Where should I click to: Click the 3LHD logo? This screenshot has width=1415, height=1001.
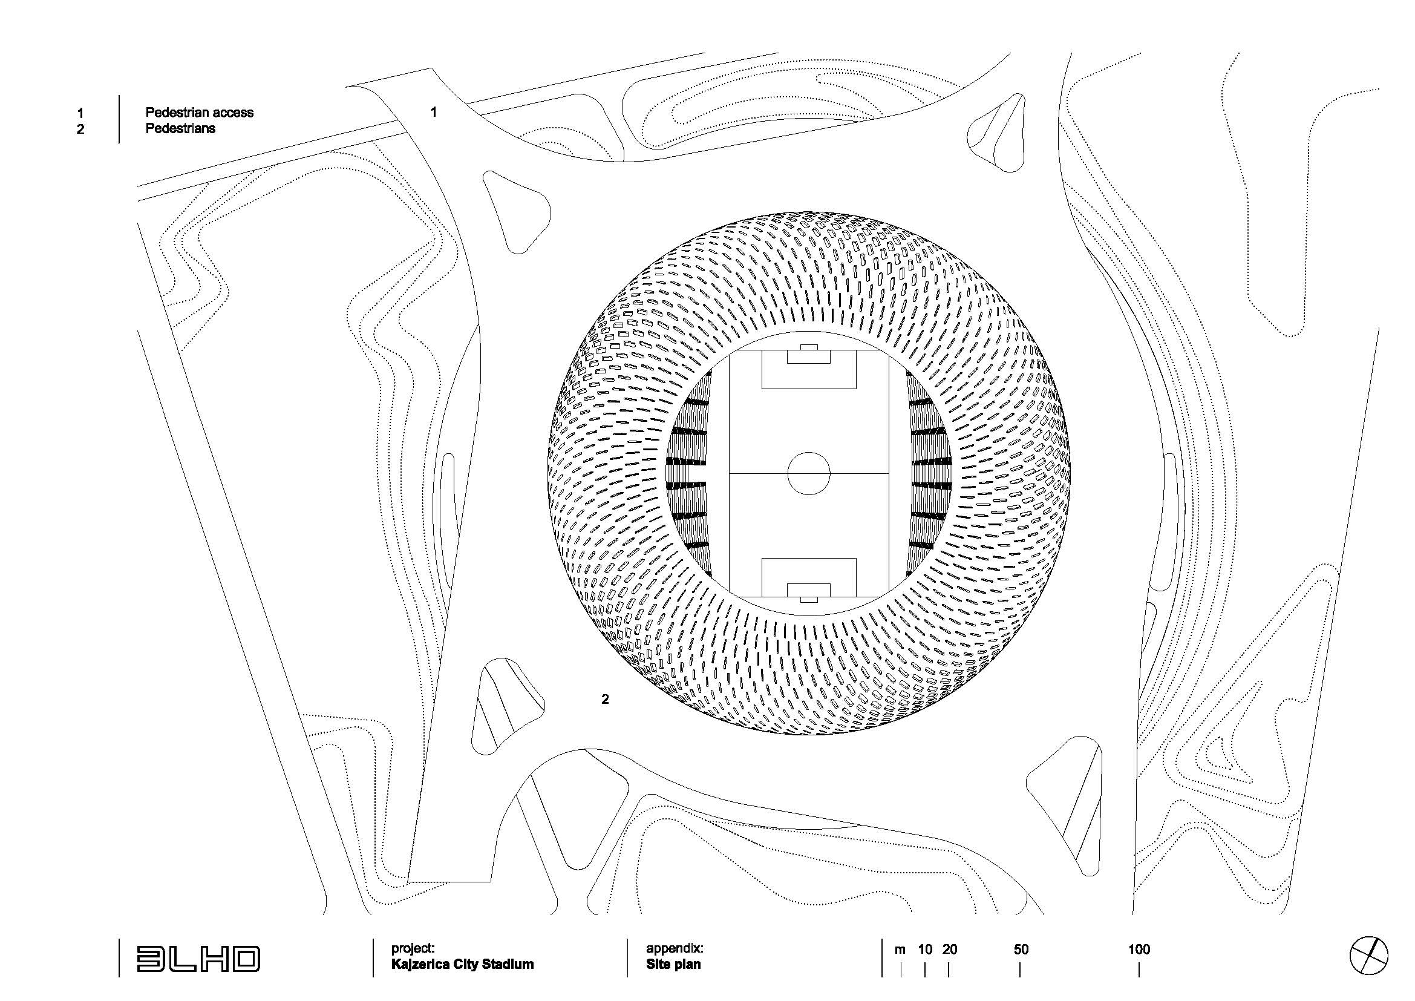tap(198, 959)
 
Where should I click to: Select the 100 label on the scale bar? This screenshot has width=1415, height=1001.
tap(1139, 949)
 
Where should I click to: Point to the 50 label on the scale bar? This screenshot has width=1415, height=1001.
tap(1021, 949)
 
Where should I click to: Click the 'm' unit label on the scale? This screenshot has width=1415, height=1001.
tap(900, 950)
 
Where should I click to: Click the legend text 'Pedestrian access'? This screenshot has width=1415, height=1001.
tap(199, 112)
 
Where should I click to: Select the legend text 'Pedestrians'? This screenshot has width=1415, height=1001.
tap(180, 128)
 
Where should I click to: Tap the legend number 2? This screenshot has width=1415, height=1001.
tap(80, 129)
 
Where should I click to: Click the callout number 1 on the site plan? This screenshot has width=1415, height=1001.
tap(434, 111)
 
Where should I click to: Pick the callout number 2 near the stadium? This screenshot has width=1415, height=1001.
tap(604, 699)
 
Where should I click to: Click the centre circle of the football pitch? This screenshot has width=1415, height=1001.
tap(809, 473)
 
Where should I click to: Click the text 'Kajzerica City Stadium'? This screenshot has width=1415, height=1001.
tap(462, 964)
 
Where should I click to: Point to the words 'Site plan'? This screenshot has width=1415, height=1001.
tap(673, 964)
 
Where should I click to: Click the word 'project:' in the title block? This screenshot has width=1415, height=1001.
tap(413, 948)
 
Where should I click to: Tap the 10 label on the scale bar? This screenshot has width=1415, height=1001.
tap(925, 949)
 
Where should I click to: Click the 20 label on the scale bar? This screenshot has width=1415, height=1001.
tap(949, 949)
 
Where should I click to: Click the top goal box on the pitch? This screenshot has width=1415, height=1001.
tap(809, 356)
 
